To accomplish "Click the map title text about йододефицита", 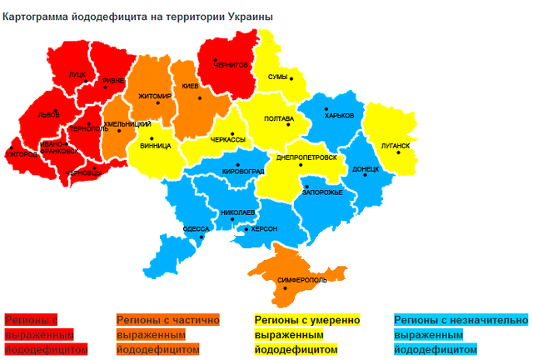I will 137,16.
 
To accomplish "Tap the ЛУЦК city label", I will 77,74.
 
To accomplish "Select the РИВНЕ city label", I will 113,81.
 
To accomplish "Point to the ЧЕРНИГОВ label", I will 232,64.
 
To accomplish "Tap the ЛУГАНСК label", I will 395,146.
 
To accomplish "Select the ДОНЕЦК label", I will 366,168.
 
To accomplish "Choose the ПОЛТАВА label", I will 278,119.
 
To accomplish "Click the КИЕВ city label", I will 190,87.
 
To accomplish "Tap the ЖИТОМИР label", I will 155,96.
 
